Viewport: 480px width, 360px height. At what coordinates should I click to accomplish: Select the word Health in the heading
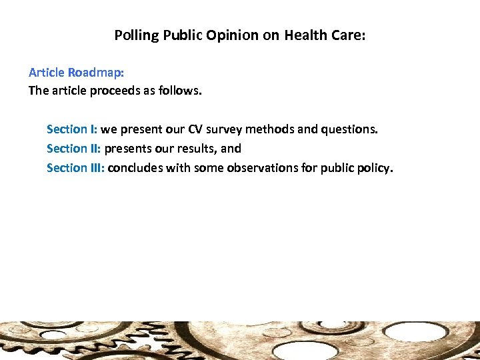pos(305,35)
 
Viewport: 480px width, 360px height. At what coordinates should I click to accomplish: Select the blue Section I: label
pos(71,129)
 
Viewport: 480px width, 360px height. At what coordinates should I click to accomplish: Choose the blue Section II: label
pos(73,149)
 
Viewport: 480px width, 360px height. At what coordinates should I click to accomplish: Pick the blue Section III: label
pos(75,168)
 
